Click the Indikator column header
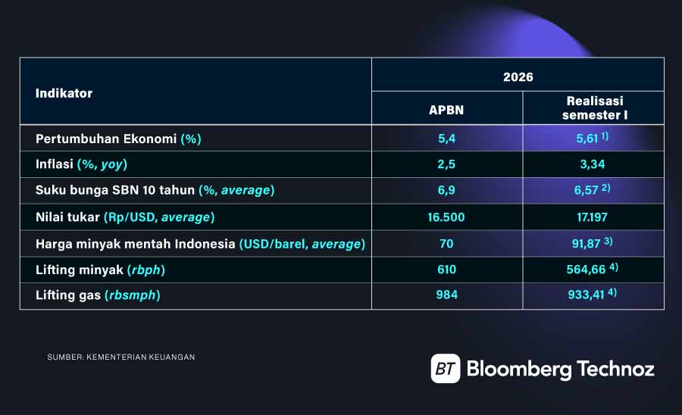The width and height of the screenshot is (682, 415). pyautogui.click(x=64, y=93)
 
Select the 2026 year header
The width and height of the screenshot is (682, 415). pyautogui.click(x=518, y=77)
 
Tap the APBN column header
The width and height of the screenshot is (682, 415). pyautogui.click(x=446, y=110)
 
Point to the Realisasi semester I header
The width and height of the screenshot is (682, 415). pyautogui.click(x=595, y=108)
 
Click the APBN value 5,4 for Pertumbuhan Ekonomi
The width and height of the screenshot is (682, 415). pyautogui.click(x=446, y=139)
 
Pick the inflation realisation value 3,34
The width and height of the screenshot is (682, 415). pyautogui.click(x=593, y=164)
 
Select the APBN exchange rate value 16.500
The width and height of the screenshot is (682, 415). pyautogui.click(x=446, y=217)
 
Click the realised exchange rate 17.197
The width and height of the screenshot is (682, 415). pyautogui.click(x=592, y=217)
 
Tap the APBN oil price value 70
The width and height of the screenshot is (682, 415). pyautogui.click(x=446, y=244)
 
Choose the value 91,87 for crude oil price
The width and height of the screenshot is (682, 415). pyautogui.click(x=586, y=244)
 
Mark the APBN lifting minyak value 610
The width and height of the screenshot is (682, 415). pyautogui.click(x=446, y=270)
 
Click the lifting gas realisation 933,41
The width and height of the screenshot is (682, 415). pyautogui.click(x=586, y=295)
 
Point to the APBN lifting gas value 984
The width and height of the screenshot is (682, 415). pyautogui.click(x=446, y=295)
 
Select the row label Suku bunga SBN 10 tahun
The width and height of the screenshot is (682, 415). pyautogui.click(x=115, y=190)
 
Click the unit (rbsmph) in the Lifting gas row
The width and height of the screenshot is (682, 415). pyautogui.click(x=133, y=295)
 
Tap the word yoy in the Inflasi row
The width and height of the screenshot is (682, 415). pyautogui.click(x=112, y=164)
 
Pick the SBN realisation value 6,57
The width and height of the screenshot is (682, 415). pyautogui.click(x=586, y=190)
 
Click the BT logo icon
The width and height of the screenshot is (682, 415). pyautogui.click(x=446, y=369)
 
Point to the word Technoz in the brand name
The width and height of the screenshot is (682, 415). pyautogui.click(x=615, y=369)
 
